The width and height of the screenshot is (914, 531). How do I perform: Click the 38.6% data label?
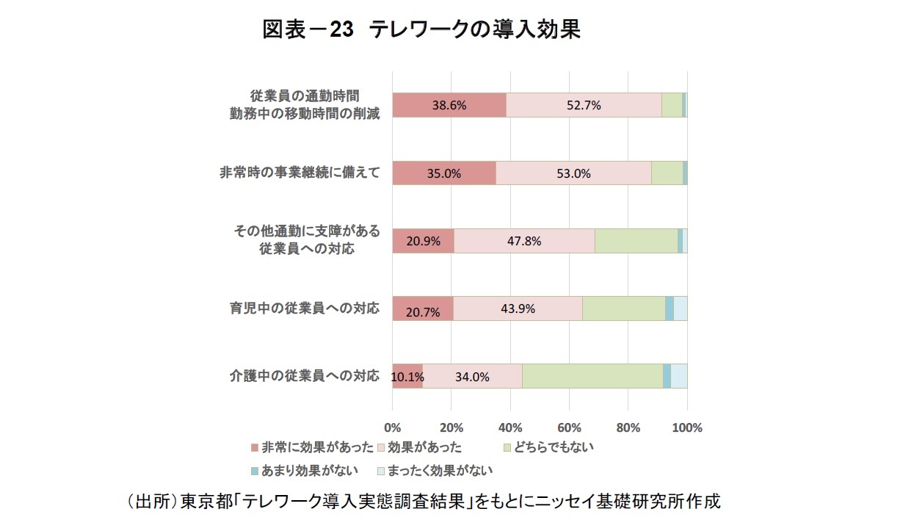pos(449,105)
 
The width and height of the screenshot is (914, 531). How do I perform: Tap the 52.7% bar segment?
pos(584,105)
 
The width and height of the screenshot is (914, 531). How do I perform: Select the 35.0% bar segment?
pos(444,173)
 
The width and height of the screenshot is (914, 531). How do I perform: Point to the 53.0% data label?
pos(573,173)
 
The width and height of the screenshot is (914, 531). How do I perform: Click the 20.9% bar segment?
pos(423,241)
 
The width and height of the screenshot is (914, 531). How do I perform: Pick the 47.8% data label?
pos(523,241)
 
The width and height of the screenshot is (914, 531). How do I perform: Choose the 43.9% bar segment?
pos(518,308)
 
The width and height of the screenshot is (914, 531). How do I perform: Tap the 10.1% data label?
pos(407,377)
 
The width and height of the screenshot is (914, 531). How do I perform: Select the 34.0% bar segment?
pos(472,377)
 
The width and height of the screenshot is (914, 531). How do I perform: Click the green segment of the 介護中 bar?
pos(592,377)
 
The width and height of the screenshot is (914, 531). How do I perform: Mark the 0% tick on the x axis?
pos(393,427)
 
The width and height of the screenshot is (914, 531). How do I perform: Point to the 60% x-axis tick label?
pos(570,427)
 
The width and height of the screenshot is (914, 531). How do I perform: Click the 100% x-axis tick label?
pos(687,427)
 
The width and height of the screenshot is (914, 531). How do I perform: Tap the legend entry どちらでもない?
pos(555,447)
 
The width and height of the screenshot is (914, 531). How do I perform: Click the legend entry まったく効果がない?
pos(440,470)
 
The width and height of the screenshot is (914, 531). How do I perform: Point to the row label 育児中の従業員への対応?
pos(305,308)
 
